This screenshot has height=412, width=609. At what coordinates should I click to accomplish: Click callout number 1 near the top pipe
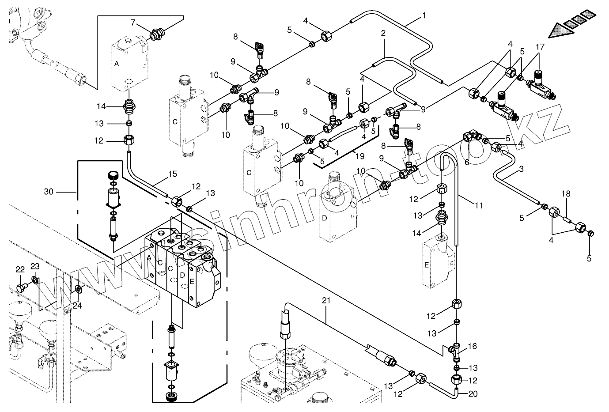424,16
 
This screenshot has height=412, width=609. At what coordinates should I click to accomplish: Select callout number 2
383,33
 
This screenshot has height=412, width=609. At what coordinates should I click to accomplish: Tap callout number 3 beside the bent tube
521,169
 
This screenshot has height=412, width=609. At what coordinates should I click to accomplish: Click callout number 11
479,205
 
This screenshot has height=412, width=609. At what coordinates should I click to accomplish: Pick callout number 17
541,47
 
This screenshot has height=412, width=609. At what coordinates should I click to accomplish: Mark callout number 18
566,194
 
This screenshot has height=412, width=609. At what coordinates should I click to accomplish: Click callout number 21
326,301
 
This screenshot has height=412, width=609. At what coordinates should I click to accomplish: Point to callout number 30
49,192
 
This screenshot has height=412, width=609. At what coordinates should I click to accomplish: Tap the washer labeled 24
78,289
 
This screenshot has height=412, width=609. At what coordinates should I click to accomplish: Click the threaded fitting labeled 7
155,34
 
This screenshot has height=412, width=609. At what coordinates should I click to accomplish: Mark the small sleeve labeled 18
567,219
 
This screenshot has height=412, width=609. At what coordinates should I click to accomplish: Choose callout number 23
35,266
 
